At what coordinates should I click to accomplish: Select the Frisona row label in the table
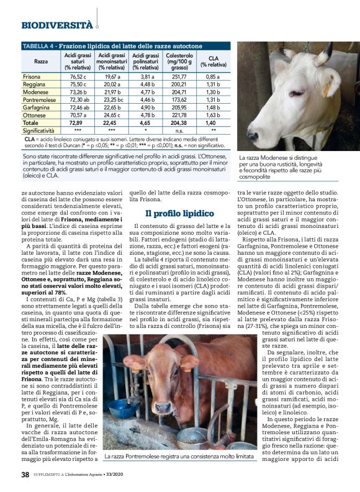pos(32,76)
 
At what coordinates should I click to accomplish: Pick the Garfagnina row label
pos(37,107)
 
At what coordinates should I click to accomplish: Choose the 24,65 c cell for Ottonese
pos(112,116)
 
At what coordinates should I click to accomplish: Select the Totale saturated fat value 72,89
pos(77,123)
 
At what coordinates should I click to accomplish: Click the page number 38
pos(25,474)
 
